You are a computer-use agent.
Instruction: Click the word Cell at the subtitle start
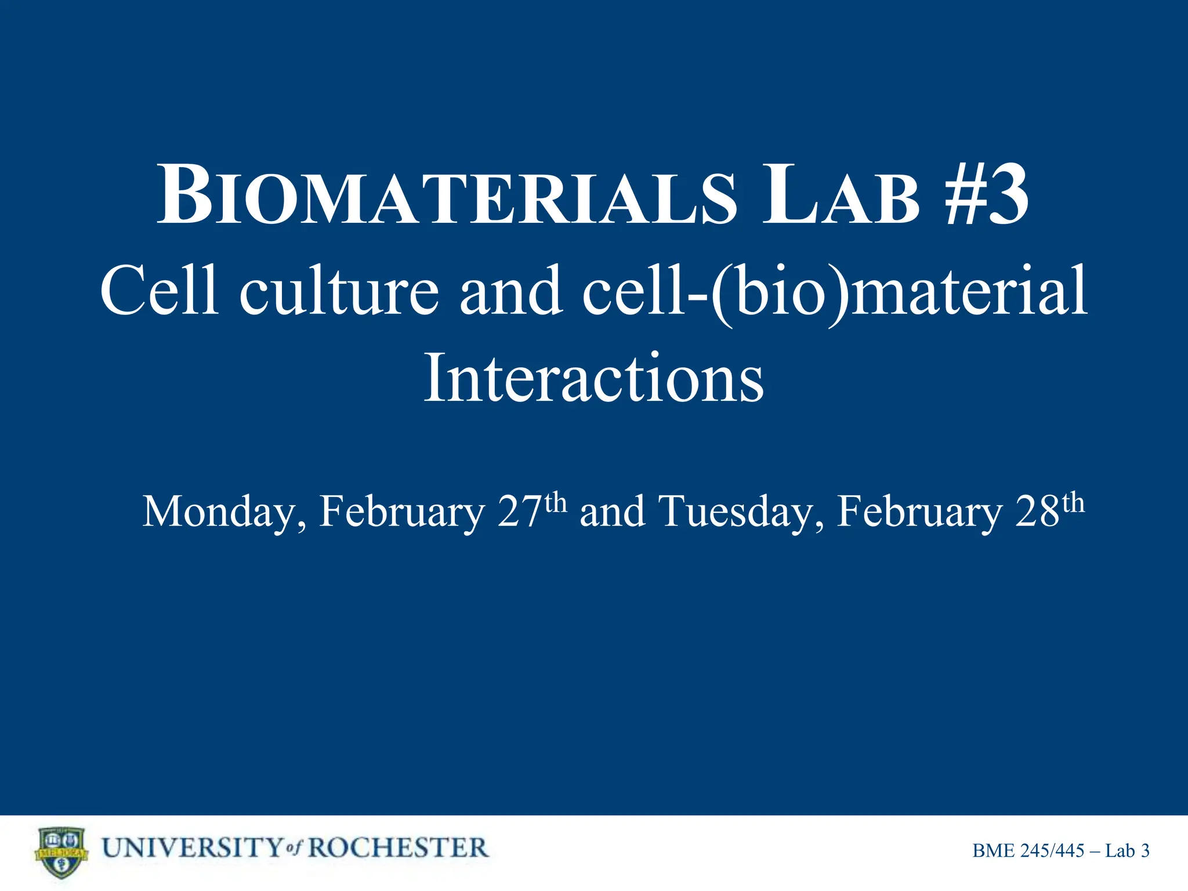click(160, 290)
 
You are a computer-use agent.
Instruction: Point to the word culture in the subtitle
click(339, 290)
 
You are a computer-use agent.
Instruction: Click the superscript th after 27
click(555, 502)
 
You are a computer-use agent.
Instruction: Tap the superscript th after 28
click(1073, 502)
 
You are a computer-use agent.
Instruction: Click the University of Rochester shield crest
click(61, 852)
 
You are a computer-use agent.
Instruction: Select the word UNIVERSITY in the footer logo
click(192, 848)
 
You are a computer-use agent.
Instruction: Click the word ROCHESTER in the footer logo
click(398, 848)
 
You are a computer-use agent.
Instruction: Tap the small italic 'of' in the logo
click(295, 849)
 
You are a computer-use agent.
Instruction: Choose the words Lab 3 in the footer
click(1127, 851)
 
